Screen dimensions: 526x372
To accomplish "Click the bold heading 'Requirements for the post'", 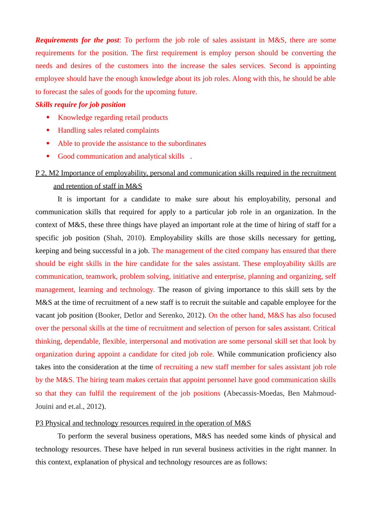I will [77, 40].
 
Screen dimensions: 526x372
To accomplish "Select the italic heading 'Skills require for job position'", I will [80, 105].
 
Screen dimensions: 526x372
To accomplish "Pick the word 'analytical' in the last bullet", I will [153, 156].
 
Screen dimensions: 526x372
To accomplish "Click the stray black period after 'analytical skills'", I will [191, 157].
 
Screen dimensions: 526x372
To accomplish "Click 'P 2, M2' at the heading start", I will [47, 173].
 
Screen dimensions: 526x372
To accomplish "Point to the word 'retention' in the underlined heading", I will [80, 186].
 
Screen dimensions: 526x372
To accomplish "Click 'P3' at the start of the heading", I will [40, 423].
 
